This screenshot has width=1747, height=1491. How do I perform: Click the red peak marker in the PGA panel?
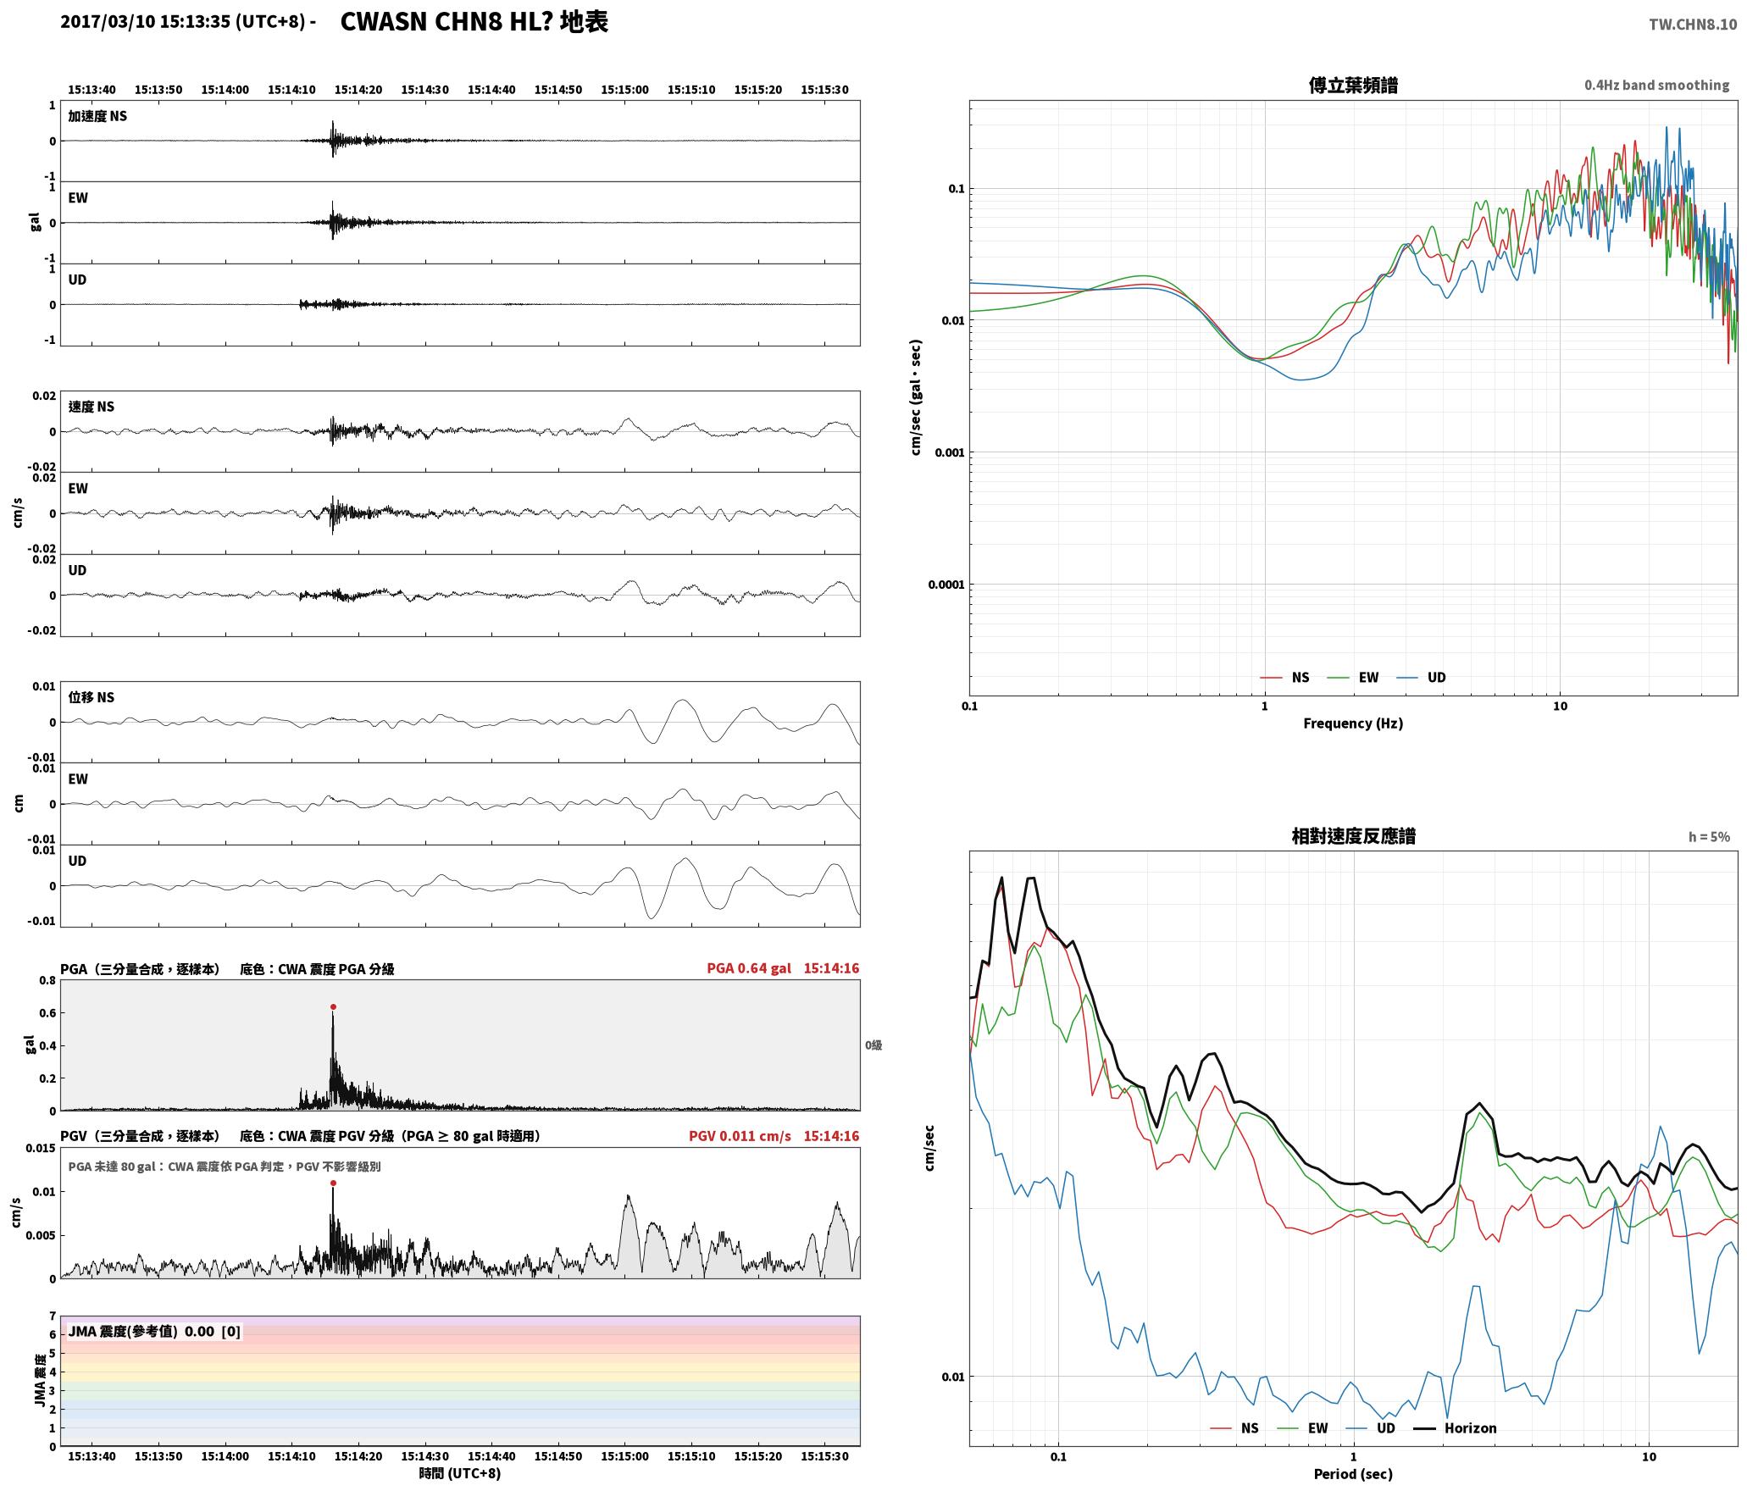tap(333, 1006)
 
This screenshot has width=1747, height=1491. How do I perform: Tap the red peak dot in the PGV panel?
tap(333, 1183)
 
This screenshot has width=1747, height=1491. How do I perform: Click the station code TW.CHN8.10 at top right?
tap(1693, 25)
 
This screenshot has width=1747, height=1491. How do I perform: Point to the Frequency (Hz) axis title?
tap(1353, 723)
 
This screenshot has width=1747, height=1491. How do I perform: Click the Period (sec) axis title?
tap(1353, 1473)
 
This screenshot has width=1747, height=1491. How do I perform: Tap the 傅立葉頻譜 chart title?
tap(1353, 85)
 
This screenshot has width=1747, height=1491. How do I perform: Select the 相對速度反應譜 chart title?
tap(1353, 835)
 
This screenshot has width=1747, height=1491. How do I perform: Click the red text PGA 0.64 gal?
tap(749, 967)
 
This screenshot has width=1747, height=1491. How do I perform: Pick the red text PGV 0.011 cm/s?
tap(740, 1135)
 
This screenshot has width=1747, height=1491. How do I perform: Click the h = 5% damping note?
tap(1709, 836)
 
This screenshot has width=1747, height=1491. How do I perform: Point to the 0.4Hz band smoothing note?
tap(1657, 85)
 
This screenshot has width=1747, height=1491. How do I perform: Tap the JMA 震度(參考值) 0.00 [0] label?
tap(154, 1331)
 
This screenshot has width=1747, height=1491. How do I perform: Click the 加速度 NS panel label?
tap(98, 116)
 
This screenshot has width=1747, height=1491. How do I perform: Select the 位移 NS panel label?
tap(92, 697)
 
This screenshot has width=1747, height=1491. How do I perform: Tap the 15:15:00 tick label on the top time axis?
tap(625, 89)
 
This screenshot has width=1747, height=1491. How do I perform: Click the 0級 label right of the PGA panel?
tap(873, 1045)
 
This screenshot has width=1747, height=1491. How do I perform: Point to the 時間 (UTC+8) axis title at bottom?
tap(460, 1473)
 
